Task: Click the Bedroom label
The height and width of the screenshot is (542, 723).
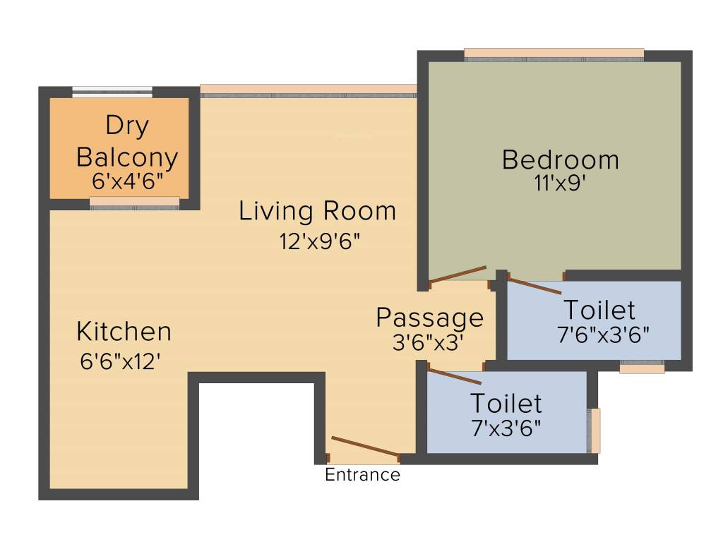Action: pyautogui.click(x=560, y=160)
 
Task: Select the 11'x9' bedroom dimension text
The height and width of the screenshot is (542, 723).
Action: pyautogui.click(x=560, y=183)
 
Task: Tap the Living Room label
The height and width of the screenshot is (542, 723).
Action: pyautogui.click(x=317, y=211)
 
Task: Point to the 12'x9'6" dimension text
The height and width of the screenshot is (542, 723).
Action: pyautogui.click(x=319, y=241)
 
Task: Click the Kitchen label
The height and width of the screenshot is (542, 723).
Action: pyautogui.click(x=124, y=331)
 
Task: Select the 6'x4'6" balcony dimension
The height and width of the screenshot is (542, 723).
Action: pyautogui.click(x=128, y=180)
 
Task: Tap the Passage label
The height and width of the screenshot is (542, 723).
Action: pyautogui.click(x=429, y=318)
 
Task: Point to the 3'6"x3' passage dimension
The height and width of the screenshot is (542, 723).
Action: pyautogui.click(x=428, y=342)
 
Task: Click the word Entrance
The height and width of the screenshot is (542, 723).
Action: pyautogui.click(x=362, y=475)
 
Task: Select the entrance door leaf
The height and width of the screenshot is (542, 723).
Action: pyautogui.click(x=364, y=447)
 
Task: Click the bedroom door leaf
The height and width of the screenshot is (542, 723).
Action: pyautogui.click(x=458, y=275)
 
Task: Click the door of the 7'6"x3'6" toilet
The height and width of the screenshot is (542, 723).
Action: pyautogui.click(x=534, y=286)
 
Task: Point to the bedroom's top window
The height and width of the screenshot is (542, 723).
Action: pyautogui.click(x=554, y=55)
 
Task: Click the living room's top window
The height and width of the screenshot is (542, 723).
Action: pyautogui.click(x=309, y=90)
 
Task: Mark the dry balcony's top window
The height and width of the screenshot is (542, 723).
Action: pyautogui.click(x=112, y=91)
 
